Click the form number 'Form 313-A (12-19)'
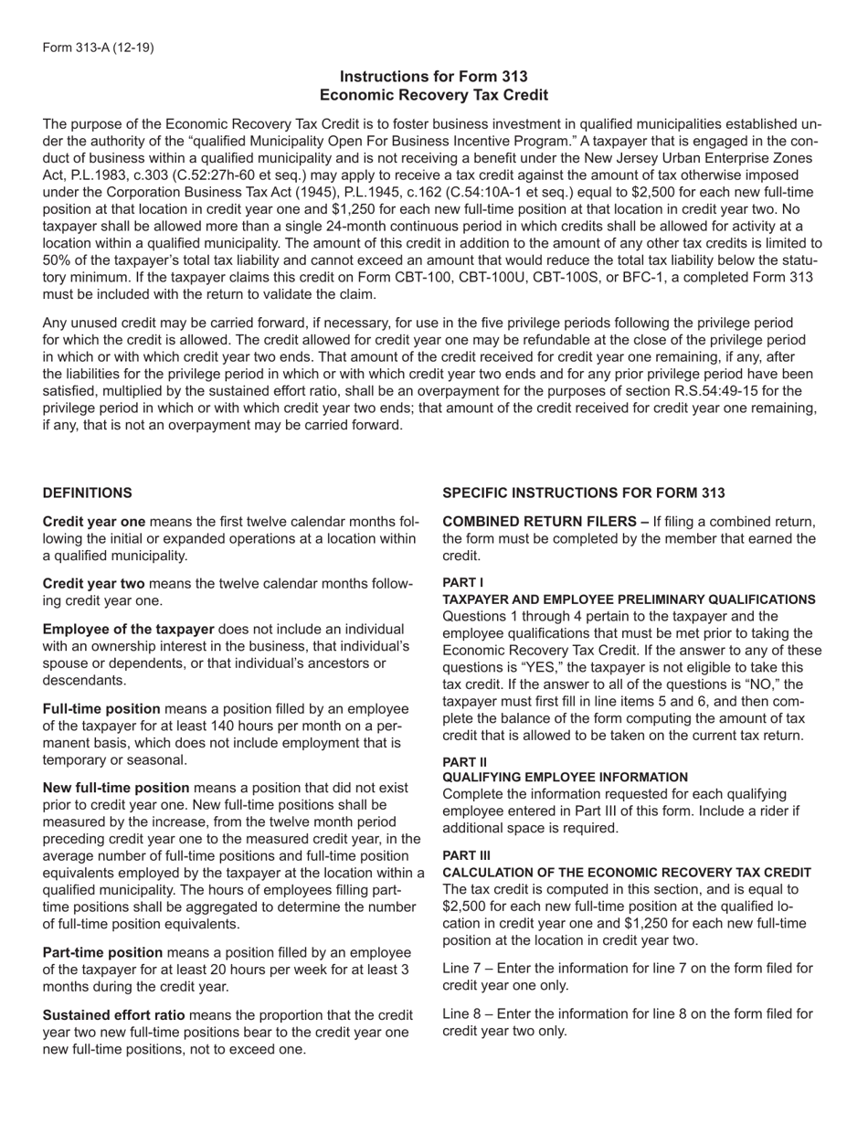point(98,47)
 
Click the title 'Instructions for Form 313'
point(433,77)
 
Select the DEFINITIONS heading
point(87,493)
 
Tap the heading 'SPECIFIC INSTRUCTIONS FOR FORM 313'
point(584,493)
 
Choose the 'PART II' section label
point(464,761)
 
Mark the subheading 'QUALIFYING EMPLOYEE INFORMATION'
point(565,777)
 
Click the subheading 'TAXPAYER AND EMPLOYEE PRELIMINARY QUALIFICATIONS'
point(629,599)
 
